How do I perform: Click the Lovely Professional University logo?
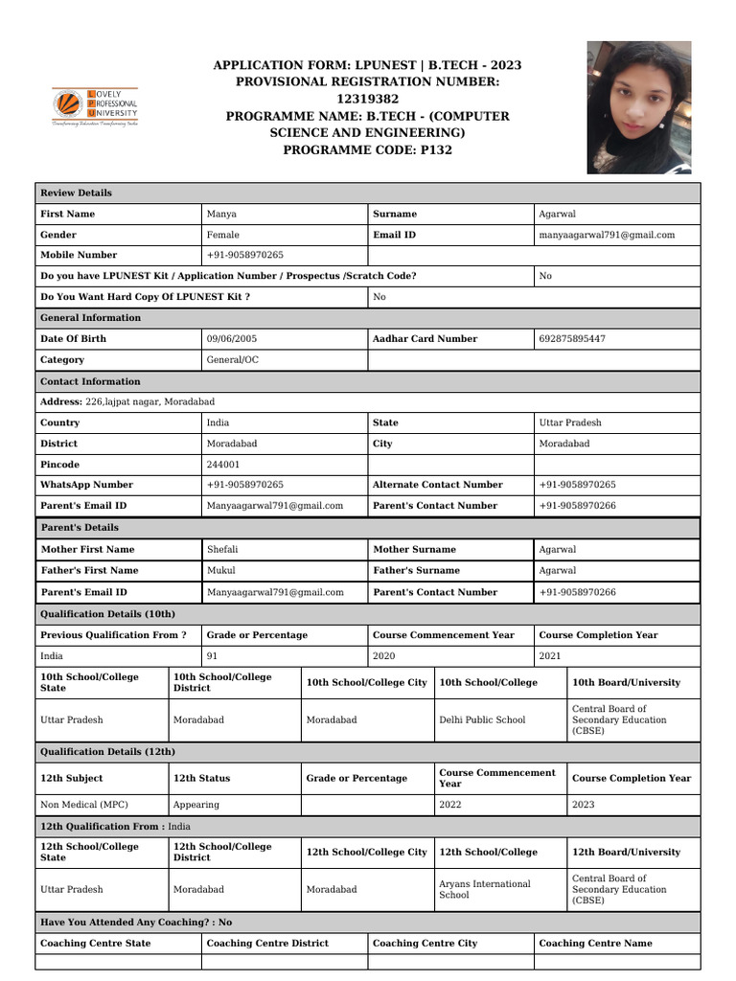[95, 108]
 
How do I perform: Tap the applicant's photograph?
[638, 107]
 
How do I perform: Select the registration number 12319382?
[368, 99]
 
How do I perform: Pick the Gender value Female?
[223, 235]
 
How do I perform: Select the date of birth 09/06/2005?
[231, 338]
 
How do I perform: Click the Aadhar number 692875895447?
[572, 338]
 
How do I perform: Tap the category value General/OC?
[233, 360]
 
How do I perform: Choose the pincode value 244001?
[223, 465]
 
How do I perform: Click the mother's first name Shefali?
[223, 549]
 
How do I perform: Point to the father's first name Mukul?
[220, 570]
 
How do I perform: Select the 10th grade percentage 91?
[213, 656]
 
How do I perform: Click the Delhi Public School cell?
[482, 719]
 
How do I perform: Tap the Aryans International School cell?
[484, 889]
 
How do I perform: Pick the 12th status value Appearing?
[195, 805]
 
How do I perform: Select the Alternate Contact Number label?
[437, 485]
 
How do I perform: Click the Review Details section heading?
[76, 193]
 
